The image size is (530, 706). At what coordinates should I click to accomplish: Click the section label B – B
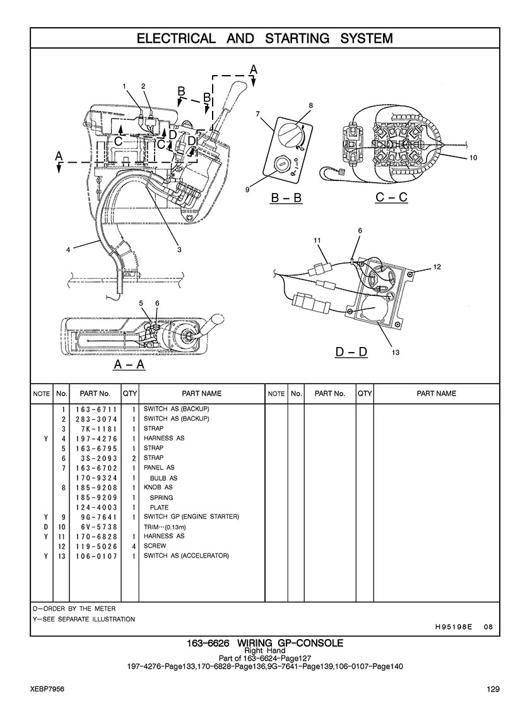click(286, 197)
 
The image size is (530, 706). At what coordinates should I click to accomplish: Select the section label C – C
click(391, 197)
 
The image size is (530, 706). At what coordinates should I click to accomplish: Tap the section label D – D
click(351, 351)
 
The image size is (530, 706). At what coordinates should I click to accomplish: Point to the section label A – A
click(129, 364)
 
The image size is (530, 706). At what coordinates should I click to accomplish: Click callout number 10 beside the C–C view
click(473, 158)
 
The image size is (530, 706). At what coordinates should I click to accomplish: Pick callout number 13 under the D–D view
click(396, 353)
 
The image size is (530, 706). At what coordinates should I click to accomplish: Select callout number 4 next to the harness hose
click(68, 250)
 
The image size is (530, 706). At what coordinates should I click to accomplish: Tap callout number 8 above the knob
click(310, 105)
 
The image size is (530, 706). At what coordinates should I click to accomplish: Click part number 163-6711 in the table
click(97, 409)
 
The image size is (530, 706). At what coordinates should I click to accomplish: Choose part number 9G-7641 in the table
click(97, 517)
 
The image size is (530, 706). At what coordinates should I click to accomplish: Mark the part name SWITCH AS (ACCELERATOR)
click(186, 556)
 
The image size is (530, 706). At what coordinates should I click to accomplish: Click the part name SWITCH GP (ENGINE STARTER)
click(191, 517)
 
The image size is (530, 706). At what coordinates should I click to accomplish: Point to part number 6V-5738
click(97, 527)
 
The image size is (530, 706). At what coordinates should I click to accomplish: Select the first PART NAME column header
click(202, 394)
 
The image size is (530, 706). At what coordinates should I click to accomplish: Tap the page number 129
click(493, 689)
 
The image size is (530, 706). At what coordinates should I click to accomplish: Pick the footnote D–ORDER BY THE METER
click(74, 609)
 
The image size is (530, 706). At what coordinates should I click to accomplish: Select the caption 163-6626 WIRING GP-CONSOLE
click(265, 643)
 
